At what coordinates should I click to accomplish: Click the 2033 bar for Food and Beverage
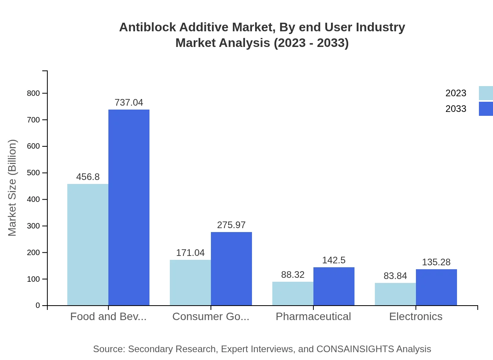coord(129,207)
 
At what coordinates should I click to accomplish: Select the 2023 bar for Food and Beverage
coord(88,245)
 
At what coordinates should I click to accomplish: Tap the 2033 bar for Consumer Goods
coord(231,268)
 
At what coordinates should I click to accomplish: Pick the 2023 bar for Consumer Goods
coord(190,283)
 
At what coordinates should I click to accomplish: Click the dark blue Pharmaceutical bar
coord(334,286)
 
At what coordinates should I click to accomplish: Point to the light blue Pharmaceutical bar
coord(293,293)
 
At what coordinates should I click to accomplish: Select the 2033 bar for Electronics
coord(436,287)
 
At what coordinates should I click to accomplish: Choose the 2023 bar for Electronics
coord(395,294)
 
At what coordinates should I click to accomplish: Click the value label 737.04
coord(129,103)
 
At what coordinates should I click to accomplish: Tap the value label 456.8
coord(88,177)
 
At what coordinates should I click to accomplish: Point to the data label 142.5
coord(334,260)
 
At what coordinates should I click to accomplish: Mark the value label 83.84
coord(395,276)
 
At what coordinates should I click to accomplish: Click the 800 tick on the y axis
coord(33,93)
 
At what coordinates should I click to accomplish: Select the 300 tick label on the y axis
coord(33,226)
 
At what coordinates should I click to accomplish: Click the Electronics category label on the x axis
coord(416,316)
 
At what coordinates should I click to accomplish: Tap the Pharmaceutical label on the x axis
coord(313,316)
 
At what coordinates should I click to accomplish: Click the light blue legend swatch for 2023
coord(486,93)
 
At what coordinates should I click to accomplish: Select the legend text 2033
coord(456,109)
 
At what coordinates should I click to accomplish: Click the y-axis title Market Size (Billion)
coord(12,188)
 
